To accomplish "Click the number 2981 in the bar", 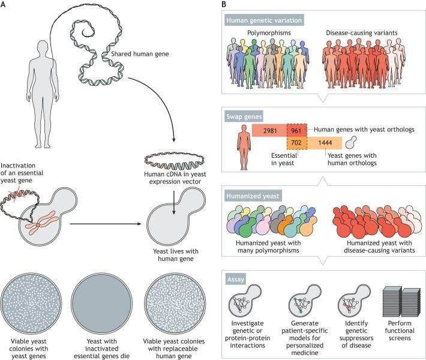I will [x=272, y=131].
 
